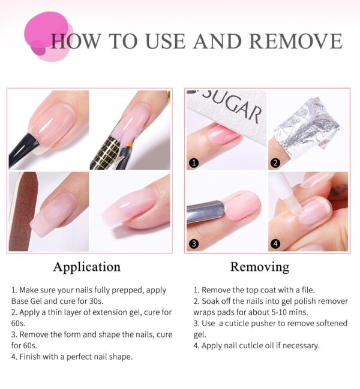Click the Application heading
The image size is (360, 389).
pyautogui.click(x=86, y=267)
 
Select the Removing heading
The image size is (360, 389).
pyautogui.click(x=259, y=267)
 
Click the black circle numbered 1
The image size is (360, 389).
pyautogui.click(x=193, y=162)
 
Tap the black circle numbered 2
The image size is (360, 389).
pyautogui.click(x=275, y=162)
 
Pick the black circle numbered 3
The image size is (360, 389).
pyautogui.click(x=193, y=243)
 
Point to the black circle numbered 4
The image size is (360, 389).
pyautogui.click(x=275, y=243)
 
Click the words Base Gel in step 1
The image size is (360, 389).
pyautogui.click(x=28, y=301)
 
